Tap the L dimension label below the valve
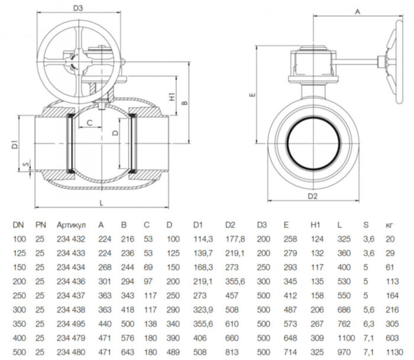pyautogui.click(x=103, y=203)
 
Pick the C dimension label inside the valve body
pyautogui.click(x=89, y=123)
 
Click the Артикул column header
pyautogui.click(x=72, y=225)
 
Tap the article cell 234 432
pyautogui.click(x=72, y=239)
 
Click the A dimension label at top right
pyautogui.click(x=357, y=11)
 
